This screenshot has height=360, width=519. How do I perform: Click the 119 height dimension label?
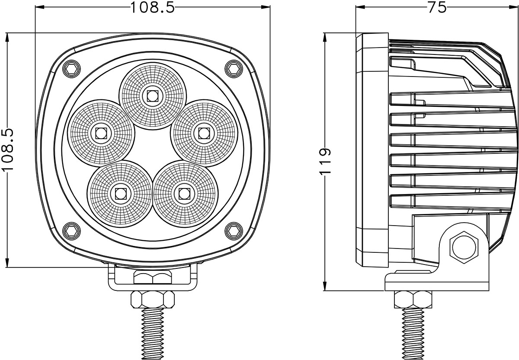coord(326,161)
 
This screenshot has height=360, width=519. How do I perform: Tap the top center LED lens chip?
coord(152,95)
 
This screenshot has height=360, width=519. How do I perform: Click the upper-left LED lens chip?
coord(101,133)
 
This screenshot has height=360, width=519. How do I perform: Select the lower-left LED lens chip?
coord(120,193)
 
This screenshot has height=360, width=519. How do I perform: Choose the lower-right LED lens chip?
coord(184,193)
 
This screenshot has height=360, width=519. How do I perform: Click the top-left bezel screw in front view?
coord(71,68)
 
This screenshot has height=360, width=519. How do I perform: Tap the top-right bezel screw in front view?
coord(233,68)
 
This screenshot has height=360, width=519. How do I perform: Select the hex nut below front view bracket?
coord(153,299)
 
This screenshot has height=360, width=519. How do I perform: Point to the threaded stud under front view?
coord(153,333)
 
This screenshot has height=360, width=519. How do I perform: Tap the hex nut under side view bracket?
coord(413,299)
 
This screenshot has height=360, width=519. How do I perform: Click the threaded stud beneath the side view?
coord(413,333)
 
